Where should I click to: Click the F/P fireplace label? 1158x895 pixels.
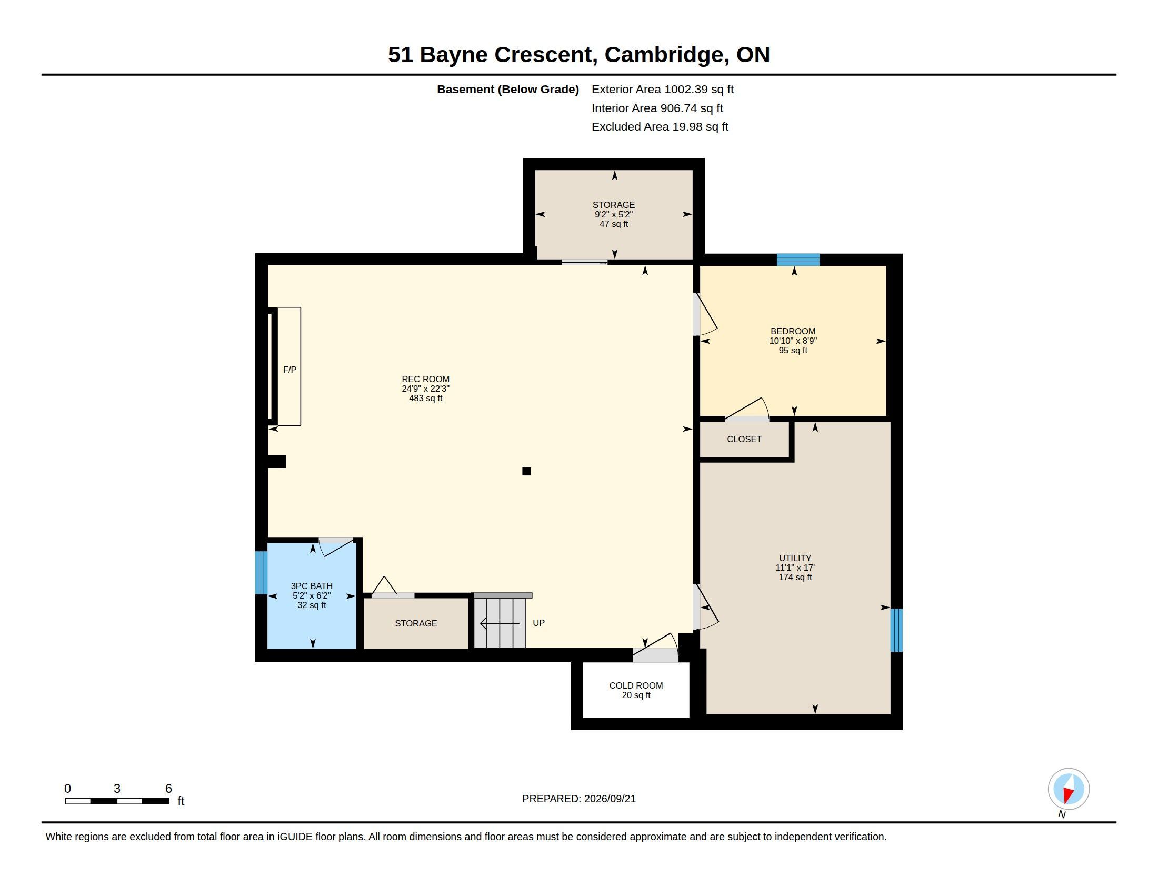289,370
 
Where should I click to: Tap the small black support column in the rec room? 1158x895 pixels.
526,471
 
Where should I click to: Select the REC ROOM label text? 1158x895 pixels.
426,379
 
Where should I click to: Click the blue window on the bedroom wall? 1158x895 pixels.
798,260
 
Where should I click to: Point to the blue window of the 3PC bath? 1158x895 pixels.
261,573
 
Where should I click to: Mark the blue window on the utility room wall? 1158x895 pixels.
896,630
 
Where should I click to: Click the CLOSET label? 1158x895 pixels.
744,439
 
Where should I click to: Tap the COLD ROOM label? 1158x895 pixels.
636,685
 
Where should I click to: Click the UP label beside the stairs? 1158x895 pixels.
538,623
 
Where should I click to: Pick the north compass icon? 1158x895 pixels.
1069,789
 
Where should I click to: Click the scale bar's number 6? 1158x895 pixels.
168,789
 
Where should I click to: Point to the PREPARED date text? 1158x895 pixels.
579,799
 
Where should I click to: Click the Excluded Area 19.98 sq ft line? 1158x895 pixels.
660,127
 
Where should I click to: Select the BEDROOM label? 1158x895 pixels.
793,331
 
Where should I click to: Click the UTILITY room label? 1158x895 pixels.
795,558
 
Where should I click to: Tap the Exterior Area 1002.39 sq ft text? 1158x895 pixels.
663,89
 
